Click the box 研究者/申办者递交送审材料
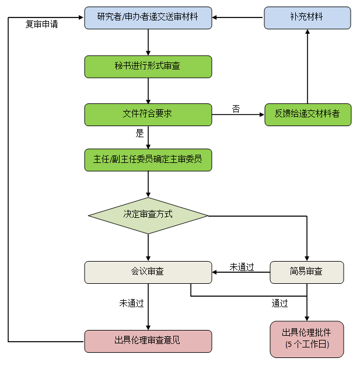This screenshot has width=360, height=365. click(x=148, y=18)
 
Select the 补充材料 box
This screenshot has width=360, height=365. click(x=307, y=18)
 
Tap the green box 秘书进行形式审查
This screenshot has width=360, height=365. click(x=148, y=67)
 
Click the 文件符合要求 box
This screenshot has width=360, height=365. click(x=148, y=114)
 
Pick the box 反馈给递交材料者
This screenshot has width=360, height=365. click(x=307, y=114)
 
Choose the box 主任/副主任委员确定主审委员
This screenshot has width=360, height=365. click(x=148, y=159)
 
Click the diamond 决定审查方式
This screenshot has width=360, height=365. click(x=148, y=214)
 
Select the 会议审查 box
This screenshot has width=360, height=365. click(x=148, y=272)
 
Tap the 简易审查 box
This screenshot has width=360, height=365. click(x=307, y=272)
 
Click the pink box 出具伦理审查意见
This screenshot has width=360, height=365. click(x=148, y=341)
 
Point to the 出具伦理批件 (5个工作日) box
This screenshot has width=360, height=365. click(x=307, y=339)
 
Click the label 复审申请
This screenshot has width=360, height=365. click(x=41, y=25)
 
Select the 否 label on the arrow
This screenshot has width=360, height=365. click(x=236, y=109)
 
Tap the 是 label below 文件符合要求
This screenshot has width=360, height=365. click(x=140, y=133)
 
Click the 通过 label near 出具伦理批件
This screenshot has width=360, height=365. click(x=279, y=303)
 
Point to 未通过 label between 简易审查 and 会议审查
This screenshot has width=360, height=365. click(x=242, y=267)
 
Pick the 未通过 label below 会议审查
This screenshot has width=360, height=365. click(x=131, y=303)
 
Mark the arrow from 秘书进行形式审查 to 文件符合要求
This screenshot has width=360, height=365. click(x=148, y=91)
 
